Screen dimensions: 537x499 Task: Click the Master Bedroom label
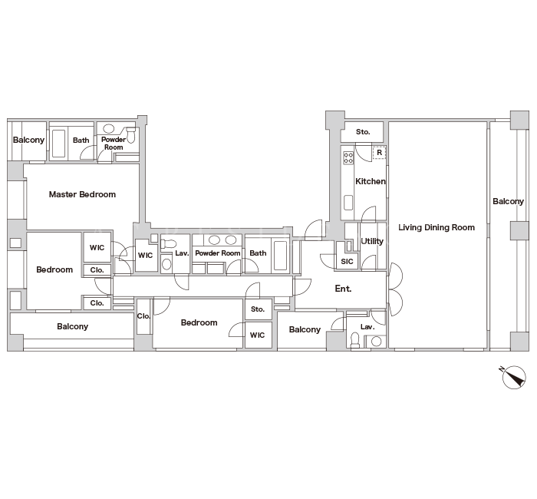click(82, 194)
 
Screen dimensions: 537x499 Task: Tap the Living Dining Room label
click(437, 227)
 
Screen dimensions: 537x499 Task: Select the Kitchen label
click(371, 181)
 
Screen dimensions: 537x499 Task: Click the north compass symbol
click(514, 377)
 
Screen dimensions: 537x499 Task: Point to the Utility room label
click(372, 241)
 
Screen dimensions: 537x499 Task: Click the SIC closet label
click(347, 262)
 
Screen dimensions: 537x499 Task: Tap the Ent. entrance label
click(343, 289)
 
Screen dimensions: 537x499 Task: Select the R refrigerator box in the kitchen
click(379, 152)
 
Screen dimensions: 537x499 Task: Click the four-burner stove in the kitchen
click(348, 157)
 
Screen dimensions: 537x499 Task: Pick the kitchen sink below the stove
click(348, 202)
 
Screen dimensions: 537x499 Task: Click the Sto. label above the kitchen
click(363, 132)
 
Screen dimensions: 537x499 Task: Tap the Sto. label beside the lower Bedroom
click(258, 309)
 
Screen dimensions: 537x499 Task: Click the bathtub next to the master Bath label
click(58, 144)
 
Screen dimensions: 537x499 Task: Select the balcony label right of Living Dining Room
click(508, 201)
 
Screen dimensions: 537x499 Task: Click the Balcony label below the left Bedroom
click(73, 326)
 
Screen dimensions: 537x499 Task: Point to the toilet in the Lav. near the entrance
click(355, 339)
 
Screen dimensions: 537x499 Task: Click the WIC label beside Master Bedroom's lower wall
click(97, 247)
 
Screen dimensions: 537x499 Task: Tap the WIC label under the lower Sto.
click(257, 335)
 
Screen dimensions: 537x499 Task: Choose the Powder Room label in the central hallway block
click(217, 253)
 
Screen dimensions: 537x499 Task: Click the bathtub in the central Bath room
click(281, 256)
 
